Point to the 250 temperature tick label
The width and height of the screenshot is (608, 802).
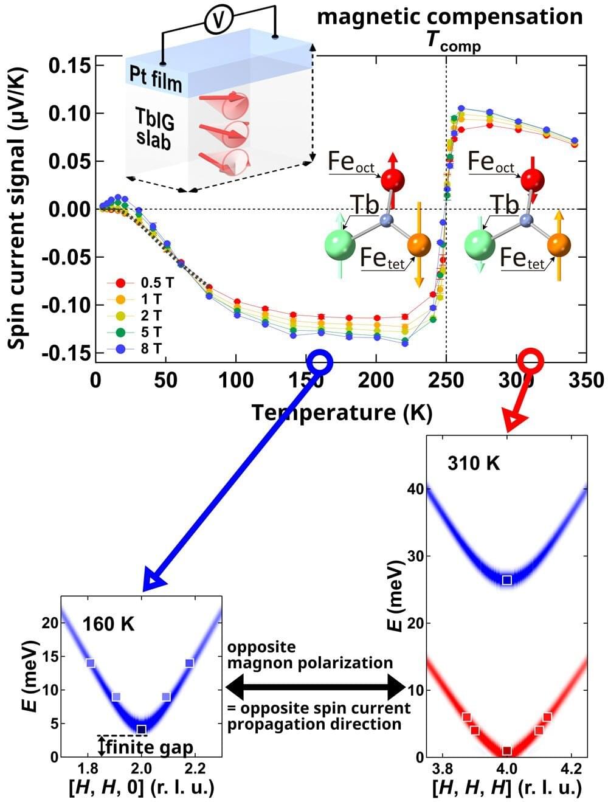click(446, 381)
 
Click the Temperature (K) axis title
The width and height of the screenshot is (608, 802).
click(342, 413)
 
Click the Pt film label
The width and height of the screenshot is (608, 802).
click(155, 77)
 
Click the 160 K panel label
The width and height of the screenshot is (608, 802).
click(108, 624)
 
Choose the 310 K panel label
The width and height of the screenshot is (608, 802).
click(474, 463)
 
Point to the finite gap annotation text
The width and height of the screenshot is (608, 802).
click(149, 747)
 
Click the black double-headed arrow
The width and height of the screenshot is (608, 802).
click(315, 687)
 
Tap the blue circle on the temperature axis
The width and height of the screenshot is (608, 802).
click(320, 361)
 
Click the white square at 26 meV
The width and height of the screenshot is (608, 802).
click(507, 580)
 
